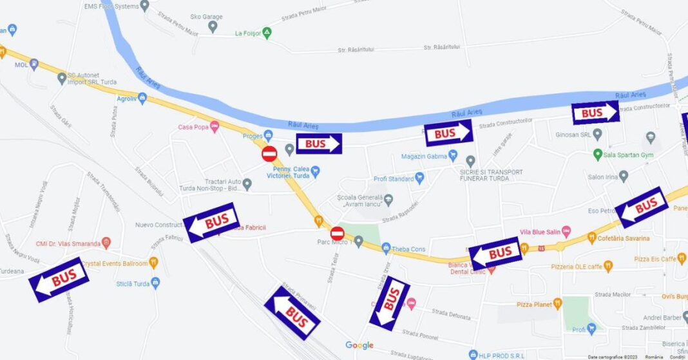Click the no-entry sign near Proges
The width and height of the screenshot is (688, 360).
[269, 153]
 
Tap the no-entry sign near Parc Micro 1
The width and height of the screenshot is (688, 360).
[338, 234]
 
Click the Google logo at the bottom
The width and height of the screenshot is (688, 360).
[359, 345]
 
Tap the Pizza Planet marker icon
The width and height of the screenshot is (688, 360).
[557, 303]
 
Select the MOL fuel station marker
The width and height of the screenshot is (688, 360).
[33, 64]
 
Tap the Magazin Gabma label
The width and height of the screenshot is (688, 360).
[423, 156]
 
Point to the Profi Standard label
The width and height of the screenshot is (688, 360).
[393, 178]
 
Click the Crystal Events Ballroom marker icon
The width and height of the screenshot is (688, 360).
[153, 263]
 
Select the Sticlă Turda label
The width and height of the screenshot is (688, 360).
[133, 283]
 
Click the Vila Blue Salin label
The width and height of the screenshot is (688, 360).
[540, 232]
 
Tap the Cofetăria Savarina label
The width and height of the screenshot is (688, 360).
[622, 238]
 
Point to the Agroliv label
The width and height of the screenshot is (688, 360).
[126, 99]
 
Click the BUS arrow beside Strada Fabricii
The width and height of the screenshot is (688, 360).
[211, 222]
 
